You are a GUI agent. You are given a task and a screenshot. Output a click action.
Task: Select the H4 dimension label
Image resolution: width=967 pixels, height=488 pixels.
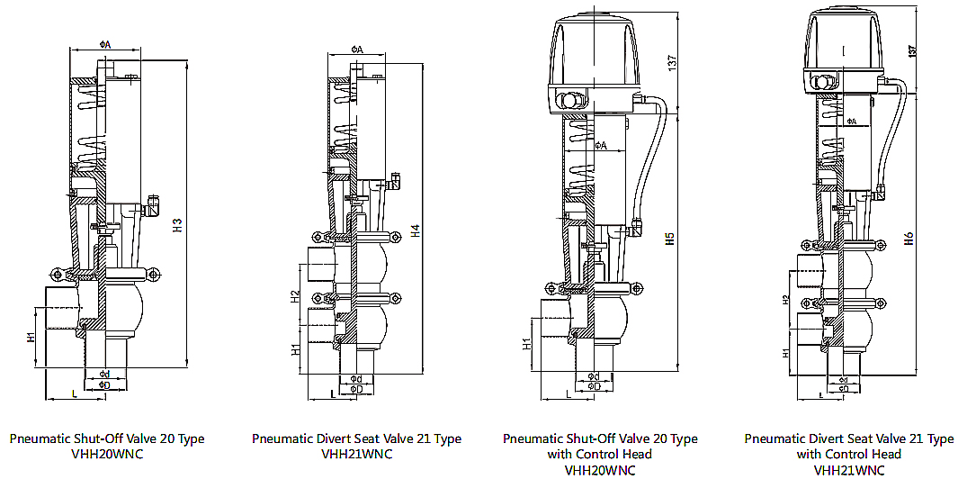click(415, 230)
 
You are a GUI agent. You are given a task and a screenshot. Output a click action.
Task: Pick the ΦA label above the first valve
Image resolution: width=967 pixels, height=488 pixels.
click(104, 44)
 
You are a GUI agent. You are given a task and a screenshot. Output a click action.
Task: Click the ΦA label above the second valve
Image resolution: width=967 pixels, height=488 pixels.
click(356, 50)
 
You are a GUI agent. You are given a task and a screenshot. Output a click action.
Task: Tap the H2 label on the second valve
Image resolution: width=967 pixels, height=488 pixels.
click(294, 296)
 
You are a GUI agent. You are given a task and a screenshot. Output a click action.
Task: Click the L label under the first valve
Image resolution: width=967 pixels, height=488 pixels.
click(73, 393)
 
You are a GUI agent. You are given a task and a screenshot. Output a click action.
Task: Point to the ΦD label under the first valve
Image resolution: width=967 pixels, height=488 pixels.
click(104, 385)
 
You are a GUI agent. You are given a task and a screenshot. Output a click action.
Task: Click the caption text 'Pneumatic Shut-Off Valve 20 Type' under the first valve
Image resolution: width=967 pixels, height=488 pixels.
click(107, 439)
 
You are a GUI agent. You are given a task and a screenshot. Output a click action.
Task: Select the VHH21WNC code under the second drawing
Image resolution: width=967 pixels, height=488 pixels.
click(356, 454)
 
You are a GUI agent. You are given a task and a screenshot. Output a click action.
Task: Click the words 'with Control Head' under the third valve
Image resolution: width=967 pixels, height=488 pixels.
click(600, 454)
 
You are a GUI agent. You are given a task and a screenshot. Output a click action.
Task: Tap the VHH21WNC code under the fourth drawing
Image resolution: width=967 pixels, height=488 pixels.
click(849, 469)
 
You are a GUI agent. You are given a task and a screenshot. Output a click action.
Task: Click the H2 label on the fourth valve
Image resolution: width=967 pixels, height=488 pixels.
click(785, 300)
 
